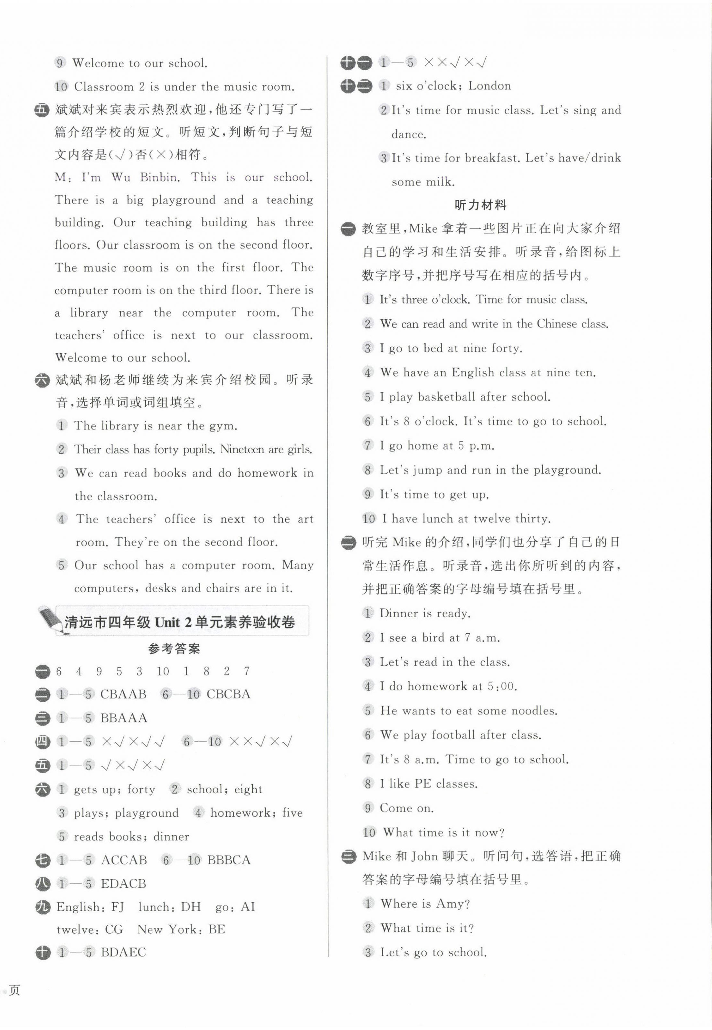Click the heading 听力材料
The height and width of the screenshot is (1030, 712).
(x=480, y=205)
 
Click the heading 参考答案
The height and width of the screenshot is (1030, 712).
(x=174, y=649)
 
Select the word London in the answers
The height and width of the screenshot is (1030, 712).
(x=489, y=86)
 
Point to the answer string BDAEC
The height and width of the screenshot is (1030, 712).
(x=124, y=952)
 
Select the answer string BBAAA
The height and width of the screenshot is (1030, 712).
(x=124, y=717)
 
